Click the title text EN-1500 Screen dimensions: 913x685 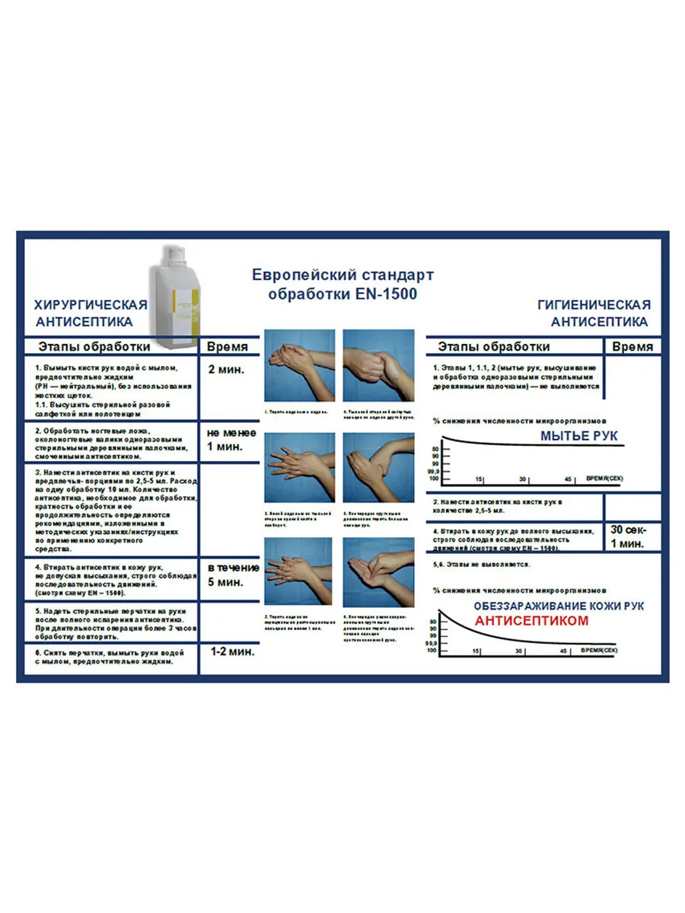[x=386, y=293]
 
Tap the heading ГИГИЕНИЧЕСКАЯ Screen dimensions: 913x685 [x=594, y=305]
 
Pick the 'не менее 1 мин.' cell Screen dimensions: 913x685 [x=231, y=440]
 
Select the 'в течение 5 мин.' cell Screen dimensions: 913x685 [x=232, y=575]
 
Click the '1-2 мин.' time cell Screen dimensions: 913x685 [x=231, y=652]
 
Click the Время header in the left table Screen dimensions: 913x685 [x=228, y=347]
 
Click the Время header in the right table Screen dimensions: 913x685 [x=632, y=347]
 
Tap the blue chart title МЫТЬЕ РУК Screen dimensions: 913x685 [x=579, y=436]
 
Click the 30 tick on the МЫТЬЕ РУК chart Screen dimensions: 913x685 [x=523, y=479]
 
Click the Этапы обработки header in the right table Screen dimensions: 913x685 [x=494, y=347]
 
